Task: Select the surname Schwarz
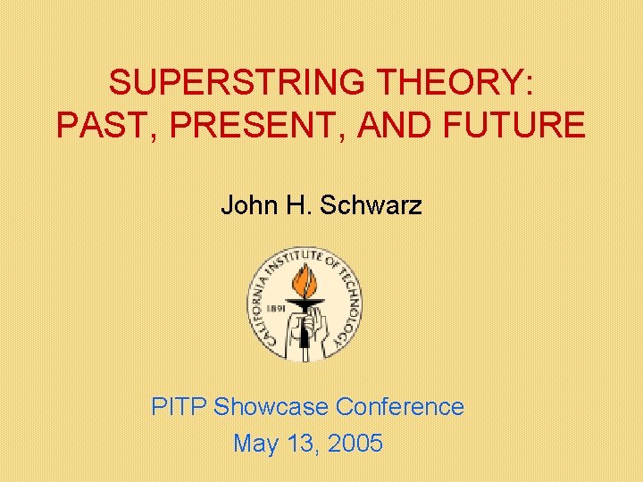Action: tap(371, 206)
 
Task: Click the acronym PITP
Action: tap(180, 407)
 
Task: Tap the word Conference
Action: tap(400, 407)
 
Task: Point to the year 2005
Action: tap(355, 443)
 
